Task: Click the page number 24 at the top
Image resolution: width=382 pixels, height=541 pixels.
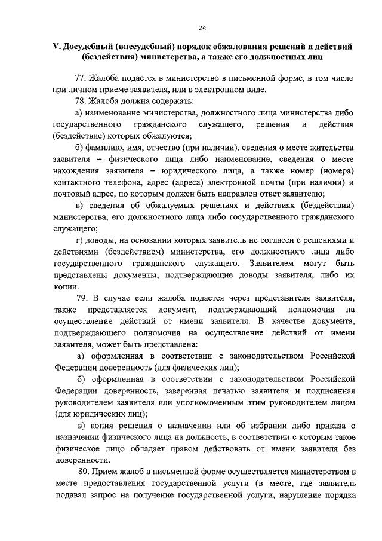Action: [x=202, y=28]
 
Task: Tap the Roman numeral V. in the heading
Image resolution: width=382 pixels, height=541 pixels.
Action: [x=57, y=47]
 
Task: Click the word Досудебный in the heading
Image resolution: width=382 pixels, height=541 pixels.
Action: [x=90, y=47]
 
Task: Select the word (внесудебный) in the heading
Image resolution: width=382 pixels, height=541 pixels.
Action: [x=149, y=47]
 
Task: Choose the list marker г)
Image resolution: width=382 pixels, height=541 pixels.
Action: [x=80, y=240]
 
